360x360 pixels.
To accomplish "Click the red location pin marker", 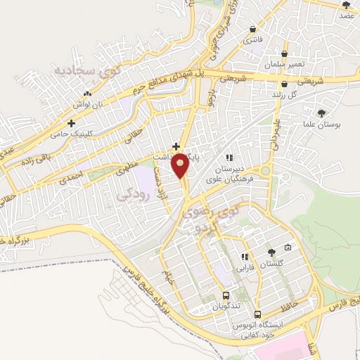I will (181, 165).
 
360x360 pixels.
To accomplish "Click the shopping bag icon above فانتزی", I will (252, 27).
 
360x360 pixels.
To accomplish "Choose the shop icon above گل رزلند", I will (283, 83).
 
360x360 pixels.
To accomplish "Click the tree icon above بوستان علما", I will (322, 113).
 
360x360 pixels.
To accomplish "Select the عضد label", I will (346, 15).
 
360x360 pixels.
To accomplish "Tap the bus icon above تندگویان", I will (226, 296).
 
